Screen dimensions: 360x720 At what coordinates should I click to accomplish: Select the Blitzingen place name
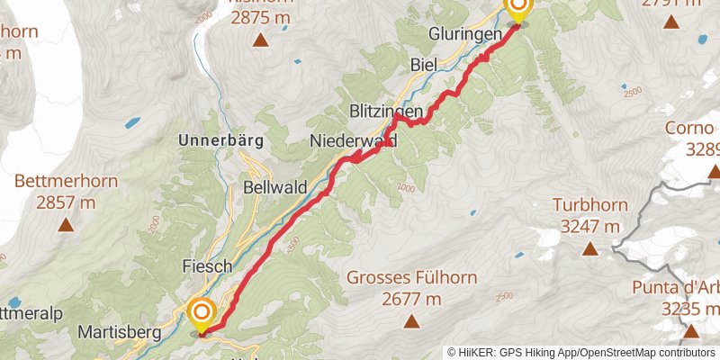pos(386,110)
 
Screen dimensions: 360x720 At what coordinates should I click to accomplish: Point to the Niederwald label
pos(353,140)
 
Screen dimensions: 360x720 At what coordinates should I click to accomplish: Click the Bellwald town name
pos(274,188)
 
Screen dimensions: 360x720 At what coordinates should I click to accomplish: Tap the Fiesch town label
pos(208,266)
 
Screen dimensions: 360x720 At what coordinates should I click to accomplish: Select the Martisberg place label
pos(120,332)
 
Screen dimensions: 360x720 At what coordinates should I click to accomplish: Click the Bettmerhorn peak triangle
pos(66,226)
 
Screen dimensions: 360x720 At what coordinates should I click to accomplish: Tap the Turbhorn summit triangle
pos(589,248)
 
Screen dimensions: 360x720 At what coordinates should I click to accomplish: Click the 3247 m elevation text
pos(589,225)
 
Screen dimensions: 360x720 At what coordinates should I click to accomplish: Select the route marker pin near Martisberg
pos(202,314)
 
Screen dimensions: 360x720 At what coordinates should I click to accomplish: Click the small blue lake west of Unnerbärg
pos(133,121)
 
